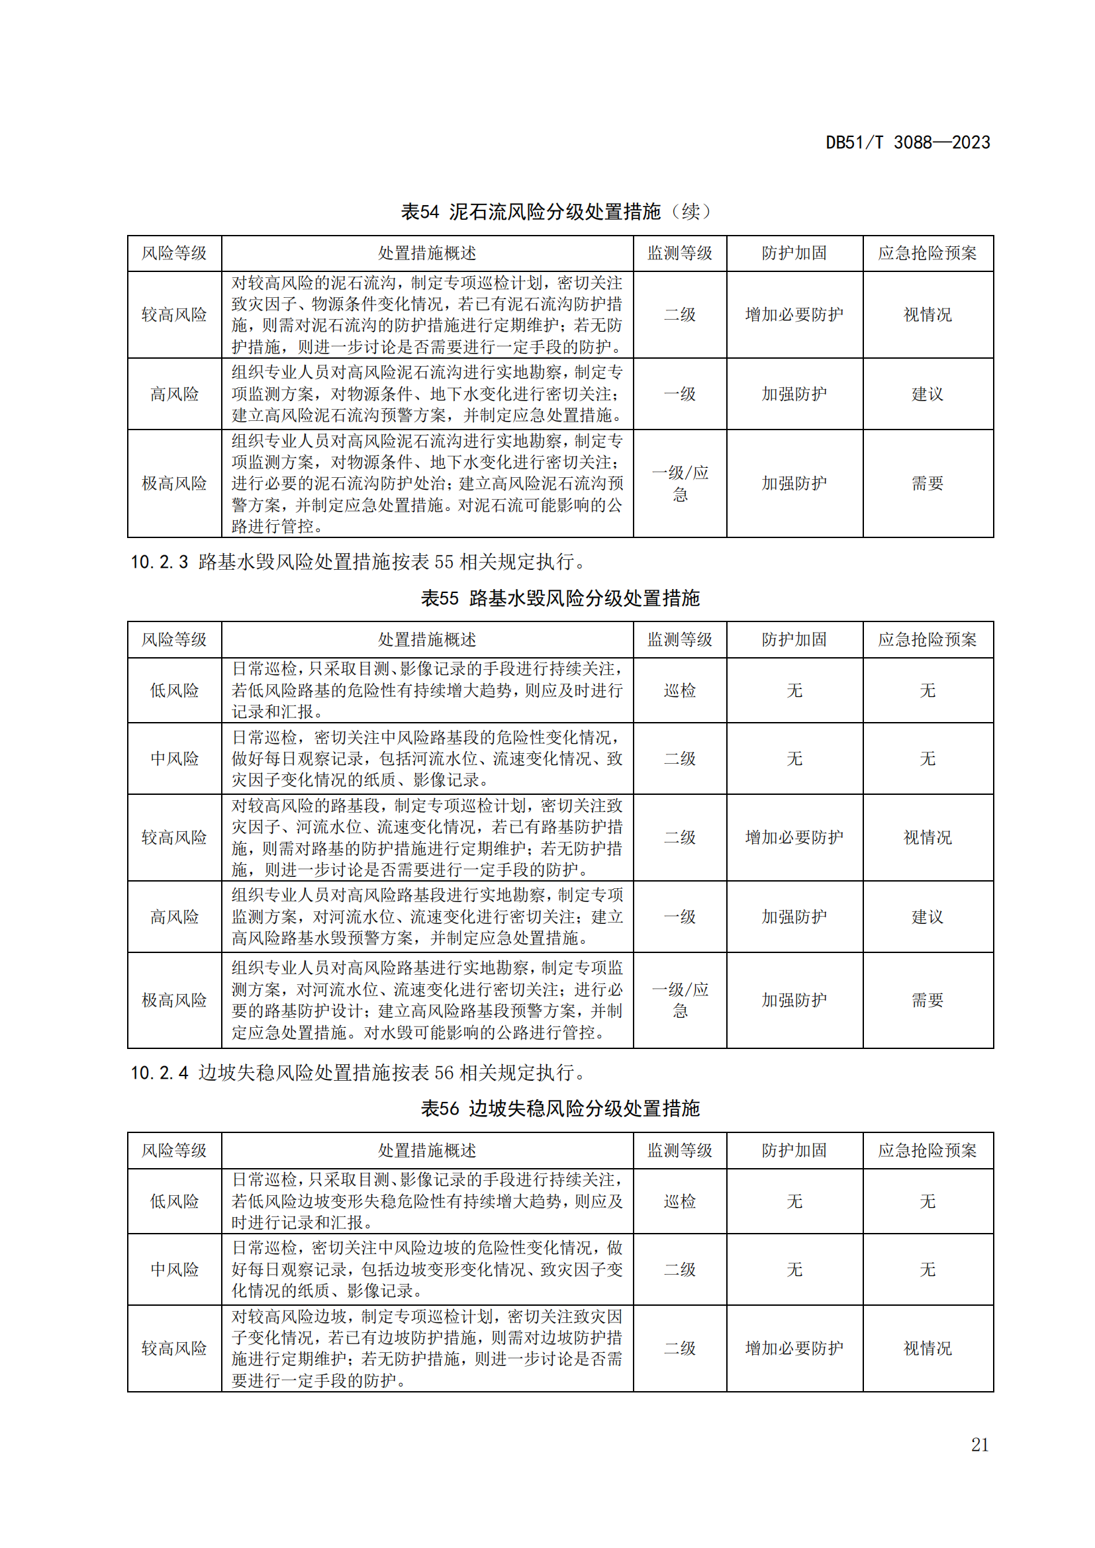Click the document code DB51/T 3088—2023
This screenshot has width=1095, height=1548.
tap(908, 142)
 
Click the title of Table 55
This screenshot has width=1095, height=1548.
tap(559, 598)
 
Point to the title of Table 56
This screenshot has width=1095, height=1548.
tap(559, 1109)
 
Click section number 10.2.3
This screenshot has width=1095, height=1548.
tap(159, 562)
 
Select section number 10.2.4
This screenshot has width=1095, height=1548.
tap(159, 1073)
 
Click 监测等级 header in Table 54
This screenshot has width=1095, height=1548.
tap(680, 253)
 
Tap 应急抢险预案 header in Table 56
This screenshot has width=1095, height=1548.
tap(927, 1151)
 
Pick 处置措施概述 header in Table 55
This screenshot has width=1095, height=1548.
tap(427, 640)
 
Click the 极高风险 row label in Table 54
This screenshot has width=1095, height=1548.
tap(174, 483)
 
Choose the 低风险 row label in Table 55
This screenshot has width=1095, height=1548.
tap(174, 690)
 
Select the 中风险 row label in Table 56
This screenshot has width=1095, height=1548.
tap(174, 1269)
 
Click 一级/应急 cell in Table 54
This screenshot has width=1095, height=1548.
tap(680, 483)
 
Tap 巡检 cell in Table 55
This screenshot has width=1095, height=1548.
tap(680, 690)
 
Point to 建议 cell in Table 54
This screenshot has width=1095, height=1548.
tap(927, 394)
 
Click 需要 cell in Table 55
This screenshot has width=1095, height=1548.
tap(927, 1001)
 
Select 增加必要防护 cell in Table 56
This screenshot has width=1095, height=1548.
tap(794, 1348)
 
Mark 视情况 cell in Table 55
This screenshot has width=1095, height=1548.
tap(927, 837)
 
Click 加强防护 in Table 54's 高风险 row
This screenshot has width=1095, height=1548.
tap(794, 394)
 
